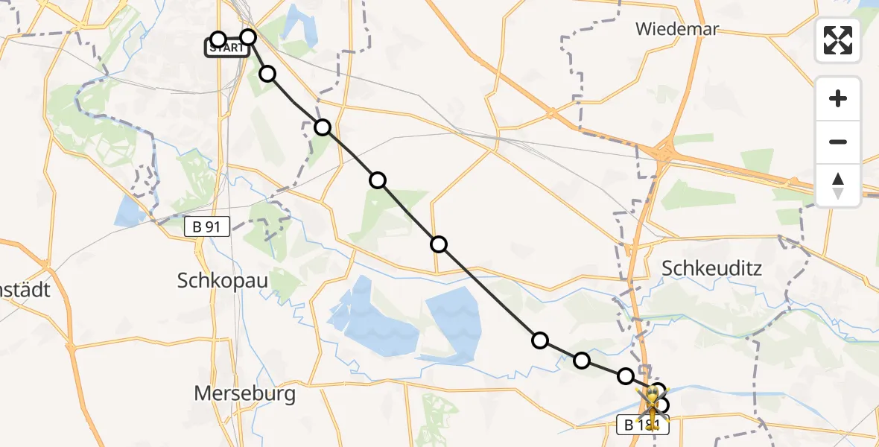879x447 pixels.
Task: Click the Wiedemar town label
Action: point(676,30)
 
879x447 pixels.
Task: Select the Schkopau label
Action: point(223,280)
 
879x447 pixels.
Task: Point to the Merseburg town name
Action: point(244,393)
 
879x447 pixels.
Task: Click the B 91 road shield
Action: point(207,227)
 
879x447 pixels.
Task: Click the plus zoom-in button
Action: point(838,98)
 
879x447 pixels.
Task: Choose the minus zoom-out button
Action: point(838,142)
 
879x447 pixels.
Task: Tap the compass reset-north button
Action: point(838,186)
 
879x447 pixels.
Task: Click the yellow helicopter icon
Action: point(653,406)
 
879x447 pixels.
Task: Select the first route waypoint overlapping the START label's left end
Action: point(218,39)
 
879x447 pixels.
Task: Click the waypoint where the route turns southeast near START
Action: point(248,37)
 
